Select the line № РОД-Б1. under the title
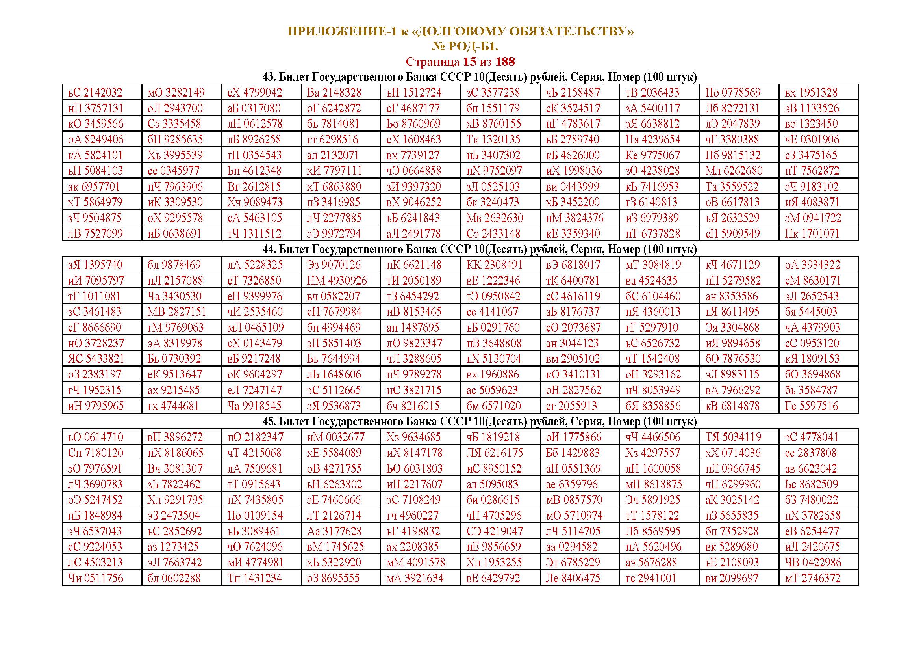pos(465,47)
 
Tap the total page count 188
pos(505,62)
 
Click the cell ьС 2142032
pos(95,93)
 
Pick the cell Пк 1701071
pos(812,234)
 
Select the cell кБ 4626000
pos(573,155)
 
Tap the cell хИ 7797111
pos(334,171)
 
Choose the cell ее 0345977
pos(173,171)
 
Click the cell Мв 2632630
pos(494,218)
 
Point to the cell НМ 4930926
pos(337,281)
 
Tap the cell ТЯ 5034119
pos(733,437)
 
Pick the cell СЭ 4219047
pos(494,531)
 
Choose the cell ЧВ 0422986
pos(813,563)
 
